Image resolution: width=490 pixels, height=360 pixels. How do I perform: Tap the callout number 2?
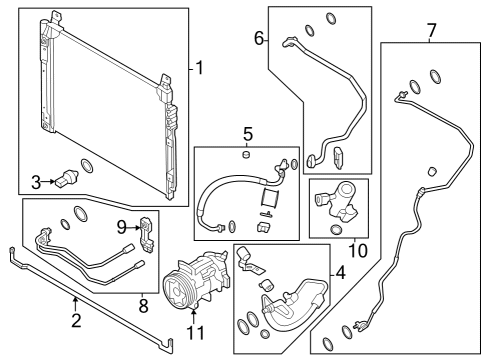(x=75, y=321)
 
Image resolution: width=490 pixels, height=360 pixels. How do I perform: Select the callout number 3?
(x=36, y=181)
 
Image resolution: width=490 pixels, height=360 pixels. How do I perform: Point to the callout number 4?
(x=340, y=272)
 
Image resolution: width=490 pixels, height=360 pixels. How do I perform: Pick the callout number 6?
(x=259, y=39)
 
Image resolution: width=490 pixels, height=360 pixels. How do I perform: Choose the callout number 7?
(x=431, y=30)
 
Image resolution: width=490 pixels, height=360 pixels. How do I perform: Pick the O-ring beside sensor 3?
(x=87, y=165)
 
